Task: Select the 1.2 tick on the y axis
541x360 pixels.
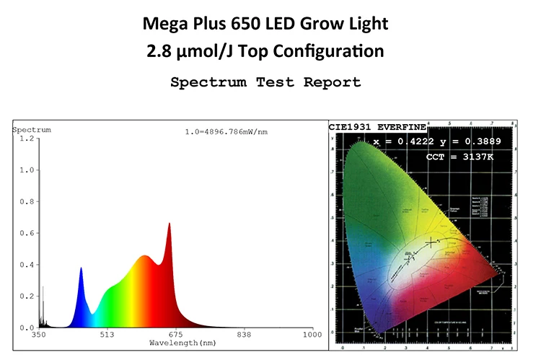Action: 26,138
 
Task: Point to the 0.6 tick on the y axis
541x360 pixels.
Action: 26,233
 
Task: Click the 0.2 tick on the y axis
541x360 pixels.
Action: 26,297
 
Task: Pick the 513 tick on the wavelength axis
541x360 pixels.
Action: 107,335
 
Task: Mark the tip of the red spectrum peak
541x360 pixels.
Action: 170,224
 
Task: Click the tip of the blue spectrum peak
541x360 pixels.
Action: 81,268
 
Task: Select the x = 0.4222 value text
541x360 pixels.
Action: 400,143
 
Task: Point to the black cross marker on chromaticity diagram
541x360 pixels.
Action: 431,242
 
